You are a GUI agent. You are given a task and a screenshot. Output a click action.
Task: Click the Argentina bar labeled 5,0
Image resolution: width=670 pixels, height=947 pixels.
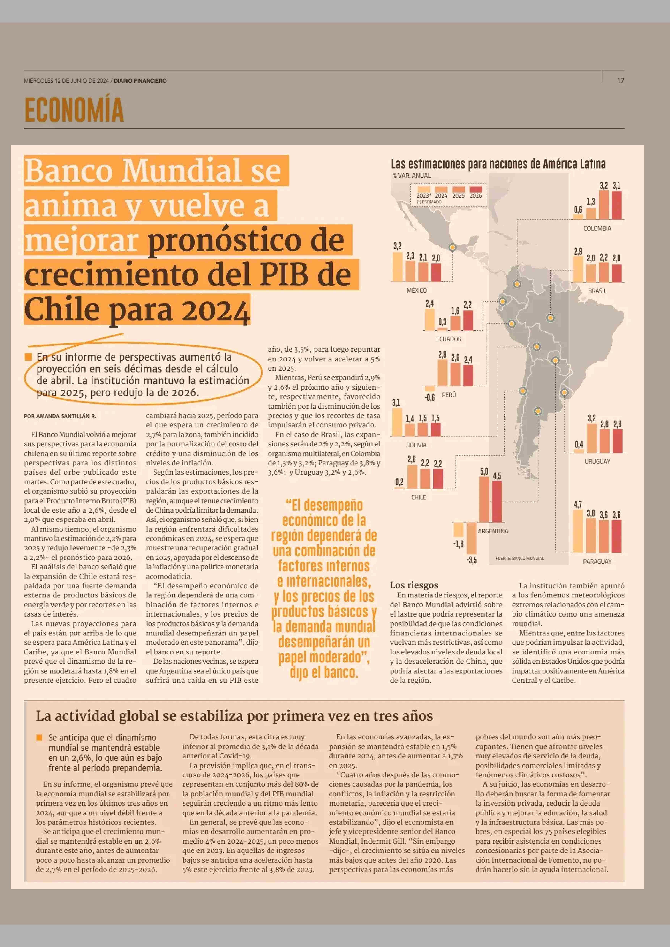484,499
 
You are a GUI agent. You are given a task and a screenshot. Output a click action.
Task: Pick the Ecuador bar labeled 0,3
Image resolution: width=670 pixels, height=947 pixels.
442,329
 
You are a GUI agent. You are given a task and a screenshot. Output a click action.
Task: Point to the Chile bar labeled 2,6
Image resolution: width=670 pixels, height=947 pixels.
412,477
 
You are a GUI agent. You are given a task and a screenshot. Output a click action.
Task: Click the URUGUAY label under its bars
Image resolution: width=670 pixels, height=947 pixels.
597,461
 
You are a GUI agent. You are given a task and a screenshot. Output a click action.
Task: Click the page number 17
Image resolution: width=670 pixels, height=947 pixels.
621,80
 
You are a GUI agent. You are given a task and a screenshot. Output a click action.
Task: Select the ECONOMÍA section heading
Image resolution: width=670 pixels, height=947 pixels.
74,110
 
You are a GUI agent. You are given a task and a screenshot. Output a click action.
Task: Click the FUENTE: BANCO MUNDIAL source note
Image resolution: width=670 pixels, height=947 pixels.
519,558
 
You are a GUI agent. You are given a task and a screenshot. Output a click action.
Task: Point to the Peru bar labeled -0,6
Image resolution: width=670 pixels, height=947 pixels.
430,388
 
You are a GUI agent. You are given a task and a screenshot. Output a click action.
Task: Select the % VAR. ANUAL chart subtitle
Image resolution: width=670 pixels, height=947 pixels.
412,175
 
